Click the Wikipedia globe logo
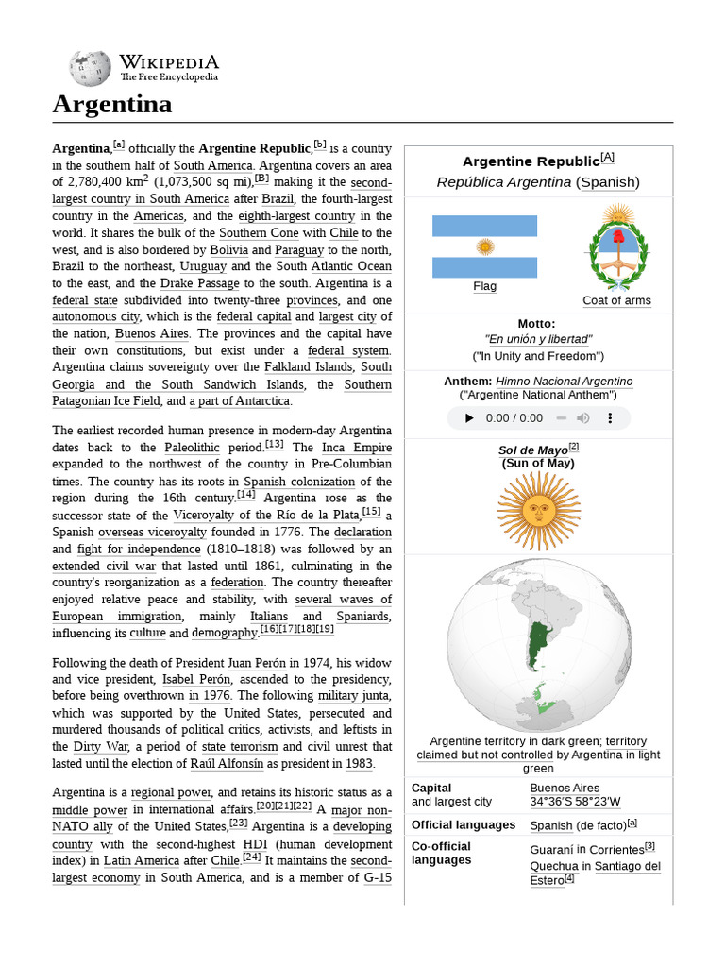click(90, 68)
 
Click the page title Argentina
click(112, 104)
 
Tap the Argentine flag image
click(484, 246)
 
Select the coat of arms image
click(617, 246)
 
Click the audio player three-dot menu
click(610, 418)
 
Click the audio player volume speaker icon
click(583, 418)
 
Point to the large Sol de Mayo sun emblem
click(538, 511)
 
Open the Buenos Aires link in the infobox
click(565, 788)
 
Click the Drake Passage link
click(196, 282)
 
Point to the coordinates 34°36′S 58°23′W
click(575, 802)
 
